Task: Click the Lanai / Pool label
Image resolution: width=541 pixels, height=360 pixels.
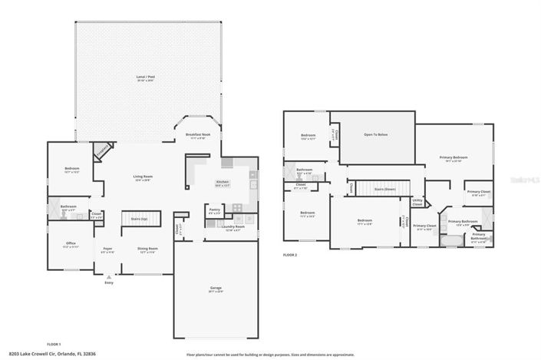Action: click(x=145, y=78)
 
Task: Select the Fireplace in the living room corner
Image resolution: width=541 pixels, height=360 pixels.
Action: click(x=101, y=151)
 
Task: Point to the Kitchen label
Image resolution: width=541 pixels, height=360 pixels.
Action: click(x=223, y=183)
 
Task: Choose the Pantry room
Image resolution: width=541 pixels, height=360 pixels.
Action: click(x=215, y=210)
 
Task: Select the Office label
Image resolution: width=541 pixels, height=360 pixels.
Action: click(x=71, y=245)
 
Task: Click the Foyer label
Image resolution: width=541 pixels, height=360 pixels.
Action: click(x=108, y=249)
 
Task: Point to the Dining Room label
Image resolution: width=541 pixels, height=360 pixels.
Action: click(x=147, y=249)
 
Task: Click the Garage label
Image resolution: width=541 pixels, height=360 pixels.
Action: click(x=216, y=289)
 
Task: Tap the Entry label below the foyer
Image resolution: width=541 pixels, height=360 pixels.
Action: click(x=109, y=282)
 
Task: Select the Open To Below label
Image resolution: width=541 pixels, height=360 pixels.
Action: click(x=375, y=135)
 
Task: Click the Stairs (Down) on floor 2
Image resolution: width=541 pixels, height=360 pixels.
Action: click(x=384, y=188)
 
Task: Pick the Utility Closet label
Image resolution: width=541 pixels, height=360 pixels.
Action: click(x=417, y=203)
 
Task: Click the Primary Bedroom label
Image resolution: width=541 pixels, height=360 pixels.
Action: click(x=454, y=158)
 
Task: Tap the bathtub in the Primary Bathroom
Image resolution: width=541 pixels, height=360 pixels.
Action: click(x=448, y=239)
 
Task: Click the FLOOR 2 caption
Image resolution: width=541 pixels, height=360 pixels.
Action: click(x=289, y=254)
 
